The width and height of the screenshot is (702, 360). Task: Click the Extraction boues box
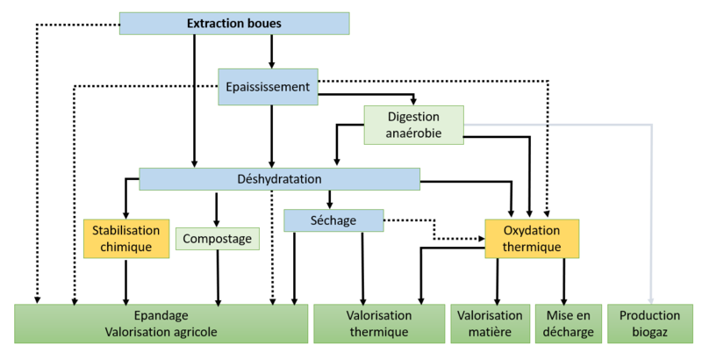234,24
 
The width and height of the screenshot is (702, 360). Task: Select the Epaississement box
268,87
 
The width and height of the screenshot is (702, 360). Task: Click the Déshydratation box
279,179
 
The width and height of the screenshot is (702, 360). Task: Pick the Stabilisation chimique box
126,238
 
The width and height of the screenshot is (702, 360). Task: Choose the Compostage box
218,238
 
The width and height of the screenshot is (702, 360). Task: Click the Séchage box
334,220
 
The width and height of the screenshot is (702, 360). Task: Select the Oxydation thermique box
532,239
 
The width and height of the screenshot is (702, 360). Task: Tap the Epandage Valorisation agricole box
161,323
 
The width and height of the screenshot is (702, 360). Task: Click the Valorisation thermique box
379,323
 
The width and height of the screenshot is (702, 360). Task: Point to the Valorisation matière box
490,323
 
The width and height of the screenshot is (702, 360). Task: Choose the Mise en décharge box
569,323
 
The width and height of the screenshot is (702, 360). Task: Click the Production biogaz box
649,323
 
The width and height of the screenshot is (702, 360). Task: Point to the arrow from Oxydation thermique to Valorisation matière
498,281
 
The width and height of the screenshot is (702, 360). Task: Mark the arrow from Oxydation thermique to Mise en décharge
563,281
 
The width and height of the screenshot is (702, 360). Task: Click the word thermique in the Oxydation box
532,248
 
